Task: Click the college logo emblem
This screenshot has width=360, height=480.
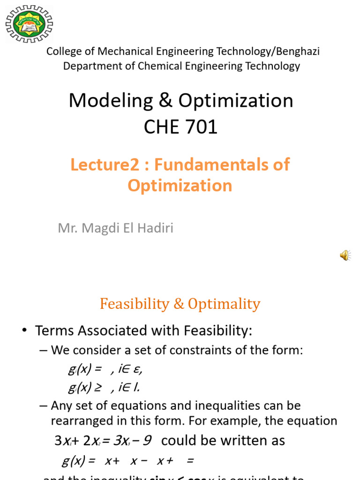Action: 29,23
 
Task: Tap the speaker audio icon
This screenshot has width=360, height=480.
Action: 345,255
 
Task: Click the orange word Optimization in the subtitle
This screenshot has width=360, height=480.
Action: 180,186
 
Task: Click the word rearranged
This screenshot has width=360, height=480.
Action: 83,420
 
